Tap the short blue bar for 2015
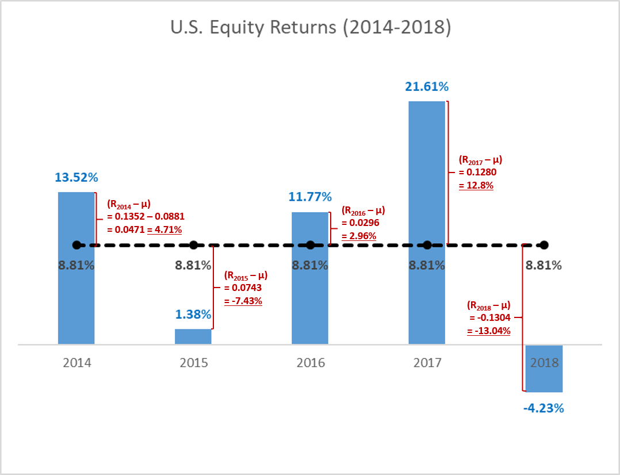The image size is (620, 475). pos(193,336)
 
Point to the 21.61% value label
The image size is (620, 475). pos(427,87)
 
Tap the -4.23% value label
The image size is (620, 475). pos(544,409)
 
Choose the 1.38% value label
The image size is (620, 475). pos(193,315)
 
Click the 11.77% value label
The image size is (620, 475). pos(310,197)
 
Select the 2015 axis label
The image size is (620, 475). pos(194,363)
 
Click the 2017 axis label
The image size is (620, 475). pos(427,363)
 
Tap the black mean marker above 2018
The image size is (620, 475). pos(544,245)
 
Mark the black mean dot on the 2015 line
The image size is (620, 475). pos(193,245)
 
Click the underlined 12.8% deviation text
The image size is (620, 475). pos(476,186)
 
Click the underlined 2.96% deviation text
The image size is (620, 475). pos(359,236)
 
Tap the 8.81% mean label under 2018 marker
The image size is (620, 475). pos(544,266)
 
